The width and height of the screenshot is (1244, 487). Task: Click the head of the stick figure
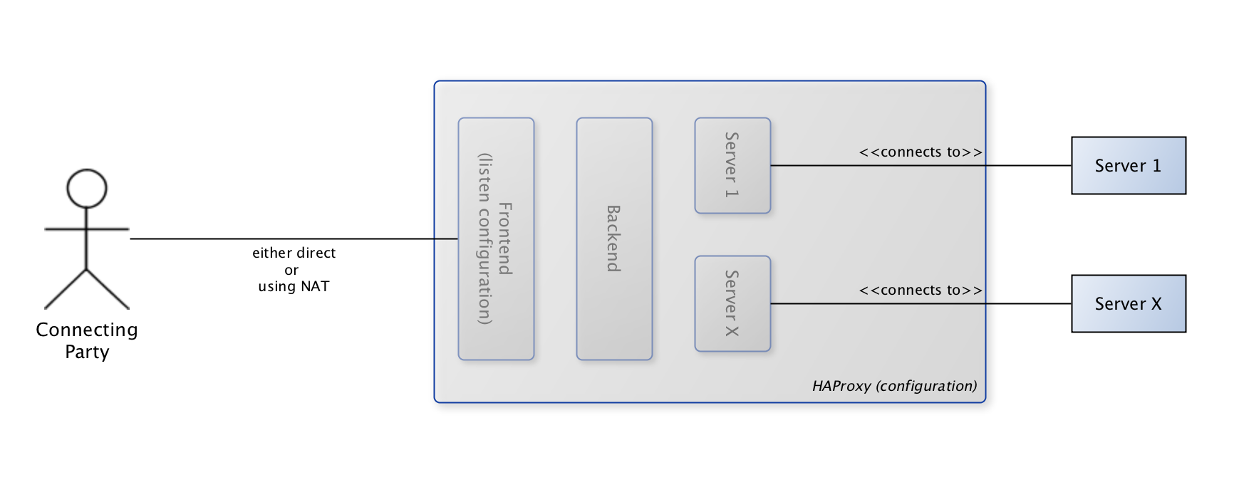[86, 189]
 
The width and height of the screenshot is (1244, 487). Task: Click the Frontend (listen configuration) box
[496, 239]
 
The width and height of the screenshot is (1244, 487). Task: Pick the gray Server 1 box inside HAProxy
[732, 165]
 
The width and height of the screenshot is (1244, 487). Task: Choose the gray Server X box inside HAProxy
[732, 303]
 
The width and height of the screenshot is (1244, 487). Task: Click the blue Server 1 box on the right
[1128, 166]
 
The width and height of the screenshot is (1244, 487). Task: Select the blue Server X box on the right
[1128, 304]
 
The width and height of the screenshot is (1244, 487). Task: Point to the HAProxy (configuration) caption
[894, 386]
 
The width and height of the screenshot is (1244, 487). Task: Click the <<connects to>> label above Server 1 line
[921, 152]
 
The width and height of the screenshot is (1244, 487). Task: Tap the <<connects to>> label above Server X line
[921, 290]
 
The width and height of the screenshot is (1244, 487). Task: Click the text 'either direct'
[294, 253]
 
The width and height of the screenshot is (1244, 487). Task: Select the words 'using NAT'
[294, 287]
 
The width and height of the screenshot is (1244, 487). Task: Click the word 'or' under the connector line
[291, 271]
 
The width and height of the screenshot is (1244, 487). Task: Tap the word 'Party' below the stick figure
[87, 352]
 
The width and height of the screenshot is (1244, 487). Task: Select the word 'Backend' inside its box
[613, 239]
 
